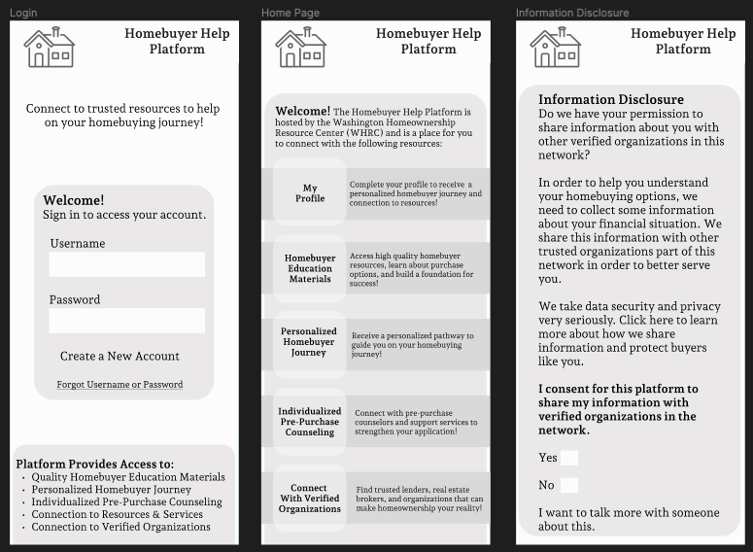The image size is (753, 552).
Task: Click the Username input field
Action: click(x=127, y=264)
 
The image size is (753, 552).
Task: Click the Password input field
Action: click(x=127, y=321)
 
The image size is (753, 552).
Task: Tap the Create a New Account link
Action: click(x=120, y=357)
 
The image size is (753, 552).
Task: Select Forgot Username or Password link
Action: click(x=120, y=385)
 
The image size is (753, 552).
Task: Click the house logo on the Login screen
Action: click(x=49, y=48)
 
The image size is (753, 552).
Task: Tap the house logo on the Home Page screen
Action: click(x=300, y=48)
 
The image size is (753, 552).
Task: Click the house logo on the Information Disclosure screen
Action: click(x=555, y=48)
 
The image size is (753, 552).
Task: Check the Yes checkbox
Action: click(x=569, y=458)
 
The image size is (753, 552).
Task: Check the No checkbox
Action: click(x=569, y=485)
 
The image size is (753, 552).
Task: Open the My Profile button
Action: click(x=310, y=193)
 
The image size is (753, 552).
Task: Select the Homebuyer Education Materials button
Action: click(x=310, y=268)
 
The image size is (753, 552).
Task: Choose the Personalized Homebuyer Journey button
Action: click(x=310, y=342)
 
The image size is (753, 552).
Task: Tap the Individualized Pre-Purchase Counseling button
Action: click(x=310, y=422)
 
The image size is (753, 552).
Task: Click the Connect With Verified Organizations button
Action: click(x=310, y=499)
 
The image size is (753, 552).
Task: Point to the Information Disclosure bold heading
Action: click(x=611, y=99)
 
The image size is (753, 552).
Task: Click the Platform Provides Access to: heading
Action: click(x=95, y=465)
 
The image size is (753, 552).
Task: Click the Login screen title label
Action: click(x=23, y=13)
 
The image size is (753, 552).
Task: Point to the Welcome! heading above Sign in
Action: click(x=74, y=201)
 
